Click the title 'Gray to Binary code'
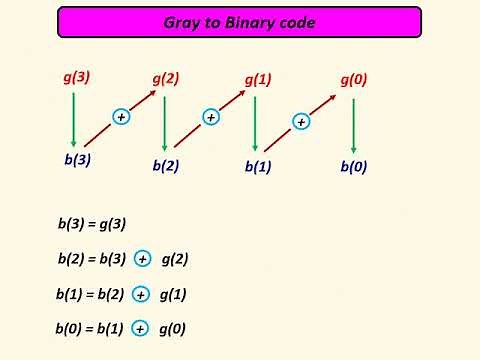tap(239, 22)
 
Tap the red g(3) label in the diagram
tap(75, 75)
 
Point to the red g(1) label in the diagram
tap(258, 79)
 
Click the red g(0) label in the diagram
tap(353, 79)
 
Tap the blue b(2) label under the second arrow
tap(166, 166)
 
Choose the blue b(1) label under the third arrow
tap(258, 167)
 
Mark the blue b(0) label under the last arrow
tap(353, 167)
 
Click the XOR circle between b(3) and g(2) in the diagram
tap(122, 117)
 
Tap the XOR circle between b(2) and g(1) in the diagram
tap(211, 117)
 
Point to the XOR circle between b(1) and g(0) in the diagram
tap(301, 122)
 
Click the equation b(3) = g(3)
tap(92, 225)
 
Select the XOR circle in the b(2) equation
tap(143, 259)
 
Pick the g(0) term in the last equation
tap(173, 328)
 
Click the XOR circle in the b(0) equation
tap(141, 328)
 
